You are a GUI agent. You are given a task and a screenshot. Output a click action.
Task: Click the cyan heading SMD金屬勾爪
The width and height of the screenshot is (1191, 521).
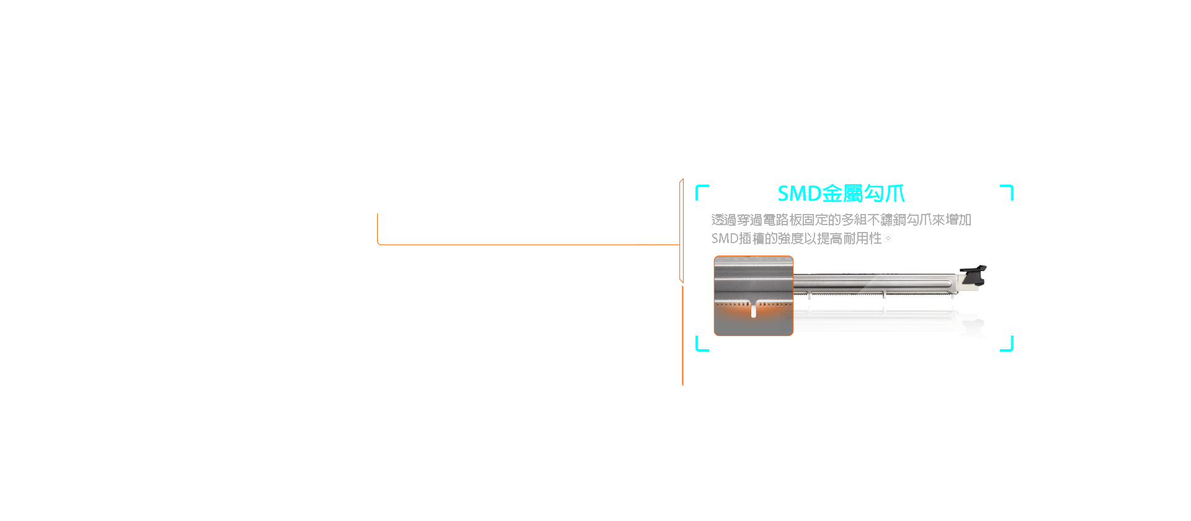(841, 194)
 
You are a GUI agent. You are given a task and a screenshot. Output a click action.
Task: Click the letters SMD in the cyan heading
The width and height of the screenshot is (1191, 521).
(800, 194)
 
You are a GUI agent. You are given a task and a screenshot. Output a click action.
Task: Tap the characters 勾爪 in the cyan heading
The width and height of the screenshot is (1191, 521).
(884, 194)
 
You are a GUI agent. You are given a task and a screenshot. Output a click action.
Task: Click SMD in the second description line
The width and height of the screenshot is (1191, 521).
(725, 239)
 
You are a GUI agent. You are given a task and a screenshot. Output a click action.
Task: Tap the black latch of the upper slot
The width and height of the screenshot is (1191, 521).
(973, 277)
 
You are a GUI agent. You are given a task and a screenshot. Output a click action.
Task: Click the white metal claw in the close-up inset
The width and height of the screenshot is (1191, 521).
(754, 311)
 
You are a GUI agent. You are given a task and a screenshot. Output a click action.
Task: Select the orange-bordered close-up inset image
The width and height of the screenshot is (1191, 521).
(754, 296)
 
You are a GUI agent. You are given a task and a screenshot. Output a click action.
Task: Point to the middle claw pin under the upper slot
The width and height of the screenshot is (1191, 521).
(885, 296)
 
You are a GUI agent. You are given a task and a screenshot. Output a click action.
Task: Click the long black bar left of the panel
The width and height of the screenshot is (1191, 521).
(528, 229)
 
